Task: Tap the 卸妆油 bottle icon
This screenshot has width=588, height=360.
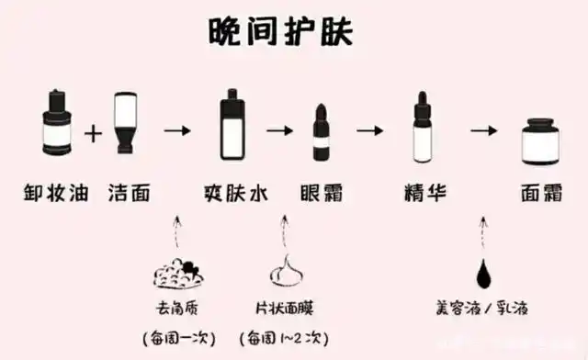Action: [58, 125]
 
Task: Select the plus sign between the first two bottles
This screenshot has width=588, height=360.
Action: [93, 134]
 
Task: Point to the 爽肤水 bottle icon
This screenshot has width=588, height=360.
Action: [232, 125]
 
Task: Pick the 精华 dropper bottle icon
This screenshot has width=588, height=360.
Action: [424, 127]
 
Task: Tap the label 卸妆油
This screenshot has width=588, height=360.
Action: [58, 193]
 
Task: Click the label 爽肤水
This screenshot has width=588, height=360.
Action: [232, 193]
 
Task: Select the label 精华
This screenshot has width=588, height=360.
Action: [424, 193]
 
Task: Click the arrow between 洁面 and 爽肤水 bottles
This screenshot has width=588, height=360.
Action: [177, 131]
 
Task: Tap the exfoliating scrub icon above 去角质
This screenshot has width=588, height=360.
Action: [179, 274]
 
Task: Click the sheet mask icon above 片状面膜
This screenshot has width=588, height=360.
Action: [285, 273]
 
